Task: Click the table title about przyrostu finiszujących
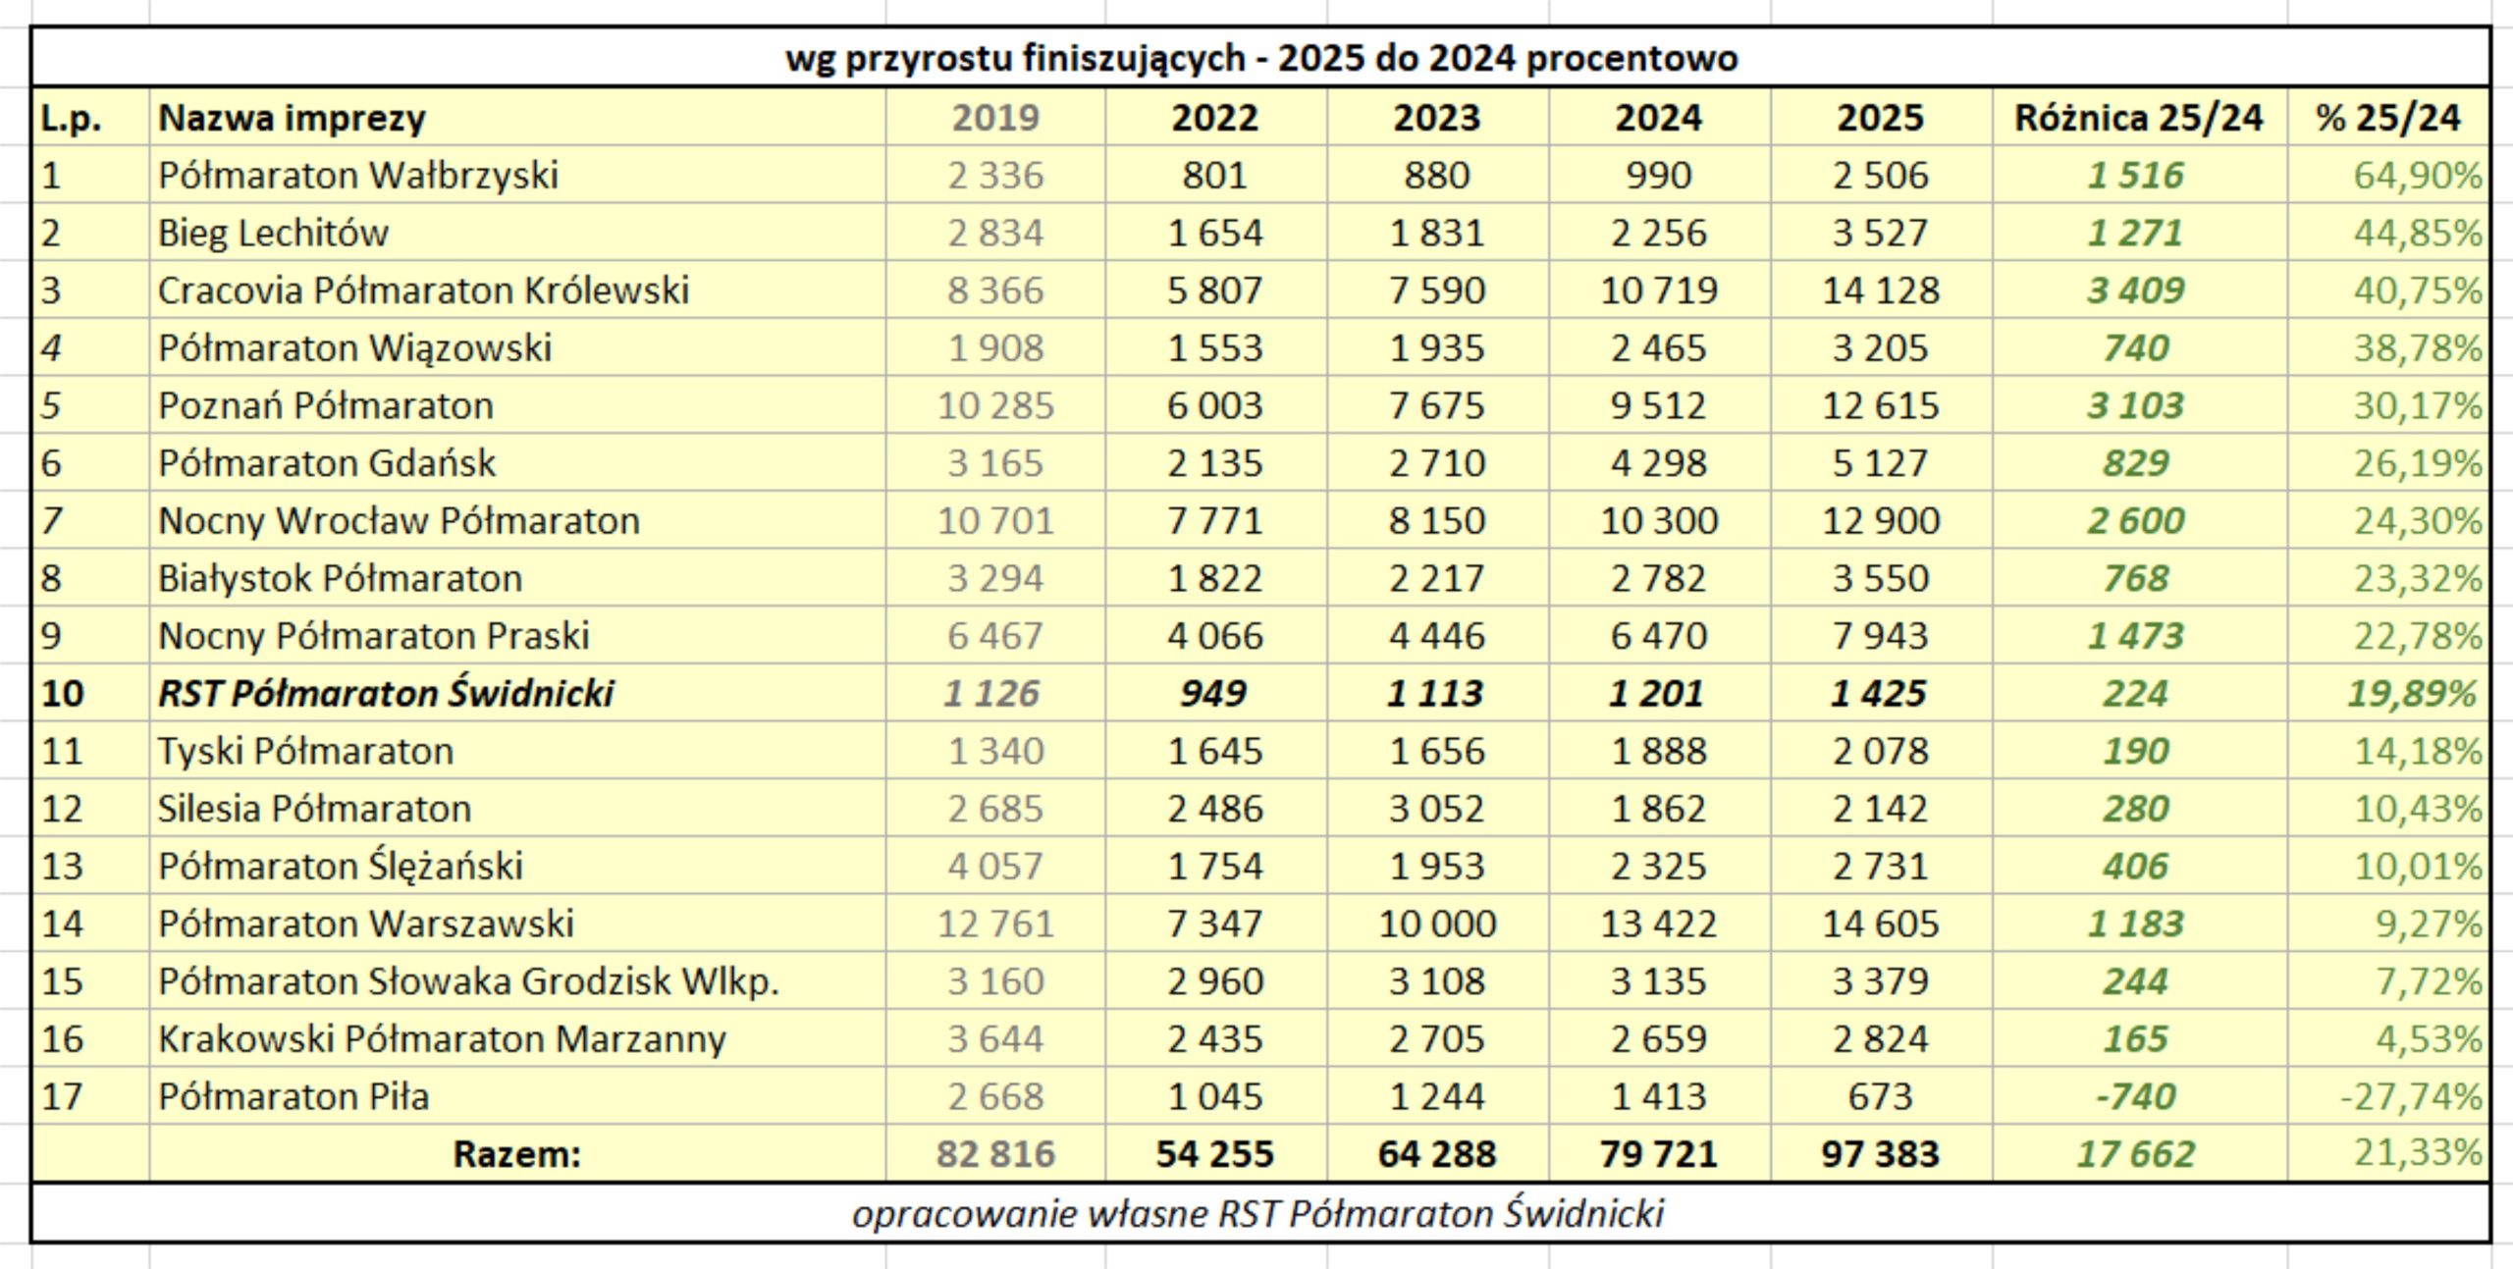pyautogui.click(x=1261, y=59)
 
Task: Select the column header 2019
pyautogui.click(x=995, y=118)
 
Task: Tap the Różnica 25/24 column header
pyautogui.click(x=2138, y=118)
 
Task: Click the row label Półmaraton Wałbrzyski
pyautogui.click(x=358, y=176)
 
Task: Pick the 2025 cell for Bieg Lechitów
pyautogui.click(x=1880, y=234)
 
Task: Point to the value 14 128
pyautogui.click(x=1880, y=291)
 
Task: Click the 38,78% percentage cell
pyautogui.click(x=2417, y=348)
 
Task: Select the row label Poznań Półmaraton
pyautogui.click(x=326, y=405)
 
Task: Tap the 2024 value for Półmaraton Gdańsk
pyautogui.click(x=1658, y=463)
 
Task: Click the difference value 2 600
pyautogui.click(x=2136, y=521)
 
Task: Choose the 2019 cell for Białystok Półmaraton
pyautogui.click(x=995, y=578)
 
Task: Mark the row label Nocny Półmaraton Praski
pyautogui.click(x=374, y=636)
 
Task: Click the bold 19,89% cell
pyautogui.click(x=2412, y=694)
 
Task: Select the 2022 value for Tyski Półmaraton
pyautogui.click(x=1215, y=752)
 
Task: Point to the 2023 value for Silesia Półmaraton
pyautogui.click(x=1437, y=809)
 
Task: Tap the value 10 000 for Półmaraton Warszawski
pyautogui.click(x=1437, y=924)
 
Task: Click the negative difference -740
pyautogui.click(x=2136, y=1096)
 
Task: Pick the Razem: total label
pyautogui.click(x=517, y=1154)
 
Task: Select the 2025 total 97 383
pyautogui.click(x=1880, y=1154)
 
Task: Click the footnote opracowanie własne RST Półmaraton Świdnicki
pyautogui.click(x=1257, y=1214)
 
